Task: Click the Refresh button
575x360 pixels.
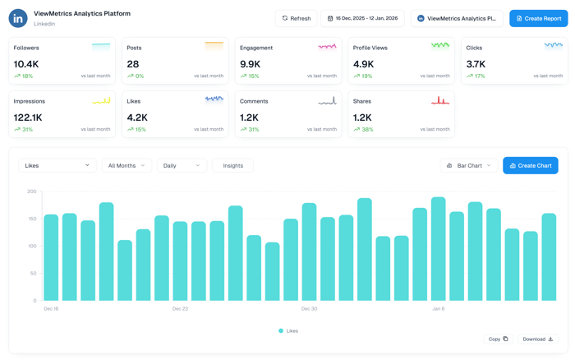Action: click(x=296, y=18)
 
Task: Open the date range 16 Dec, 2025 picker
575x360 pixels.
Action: click(x=362, y=18)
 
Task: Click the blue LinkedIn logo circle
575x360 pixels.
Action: click(x=18, y=18)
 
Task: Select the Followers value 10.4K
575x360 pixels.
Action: click(x=26, y=64)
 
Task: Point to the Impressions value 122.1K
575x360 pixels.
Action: click(x=29, y=118)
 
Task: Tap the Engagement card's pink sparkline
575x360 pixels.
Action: click(x=327, y=47)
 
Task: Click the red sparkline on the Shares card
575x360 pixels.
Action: click(x=440, y=101)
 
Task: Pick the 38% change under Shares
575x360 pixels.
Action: click(x=367, y=129)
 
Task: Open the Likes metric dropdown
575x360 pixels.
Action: click(x=57, y=165)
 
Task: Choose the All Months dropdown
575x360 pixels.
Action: click(x=126, y=165)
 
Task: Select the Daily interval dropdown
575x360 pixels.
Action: click(x=182, y=165)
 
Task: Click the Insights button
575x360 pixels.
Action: click(x=232, y=165)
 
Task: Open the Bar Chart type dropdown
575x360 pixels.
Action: click(x=468, y=165)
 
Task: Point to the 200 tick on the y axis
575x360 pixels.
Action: click(x=32, y=192)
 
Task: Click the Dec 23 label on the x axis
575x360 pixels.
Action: click(x=180, y=308)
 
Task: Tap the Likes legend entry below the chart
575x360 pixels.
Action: click(x=288, y=330)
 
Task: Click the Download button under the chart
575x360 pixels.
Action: click(x=538, y=339)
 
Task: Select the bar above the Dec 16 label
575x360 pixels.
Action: click(x=51, y=257)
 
